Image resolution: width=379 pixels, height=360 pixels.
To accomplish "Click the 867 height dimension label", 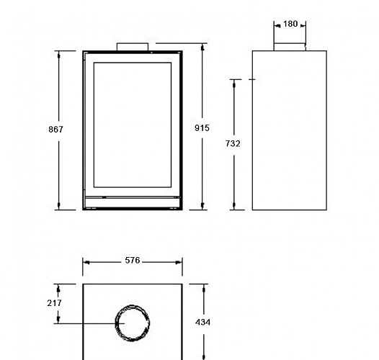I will (x=56, y=130).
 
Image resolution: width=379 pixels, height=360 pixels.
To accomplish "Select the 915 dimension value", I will (x=202, y=128).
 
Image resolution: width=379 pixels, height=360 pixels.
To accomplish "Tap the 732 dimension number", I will (x=233, y=144).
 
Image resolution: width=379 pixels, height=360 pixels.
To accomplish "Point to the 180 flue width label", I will (x=290, y=24).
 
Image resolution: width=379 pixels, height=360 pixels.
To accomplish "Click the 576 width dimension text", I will (x=132, y=261).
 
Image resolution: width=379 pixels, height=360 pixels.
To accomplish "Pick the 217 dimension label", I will (x=55, y=303).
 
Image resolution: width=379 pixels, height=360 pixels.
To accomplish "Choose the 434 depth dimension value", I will (x=203, y=323).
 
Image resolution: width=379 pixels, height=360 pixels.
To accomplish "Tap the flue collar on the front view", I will (x=133, y=47).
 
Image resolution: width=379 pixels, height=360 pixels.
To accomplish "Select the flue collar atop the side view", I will (x=290, y=47).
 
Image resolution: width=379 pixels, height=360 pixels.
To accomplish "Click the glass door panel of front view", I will (x=133, y=126).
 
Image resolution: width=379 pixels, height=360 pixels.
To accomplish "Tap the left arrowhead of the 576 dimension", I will (x=86, y=262).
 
